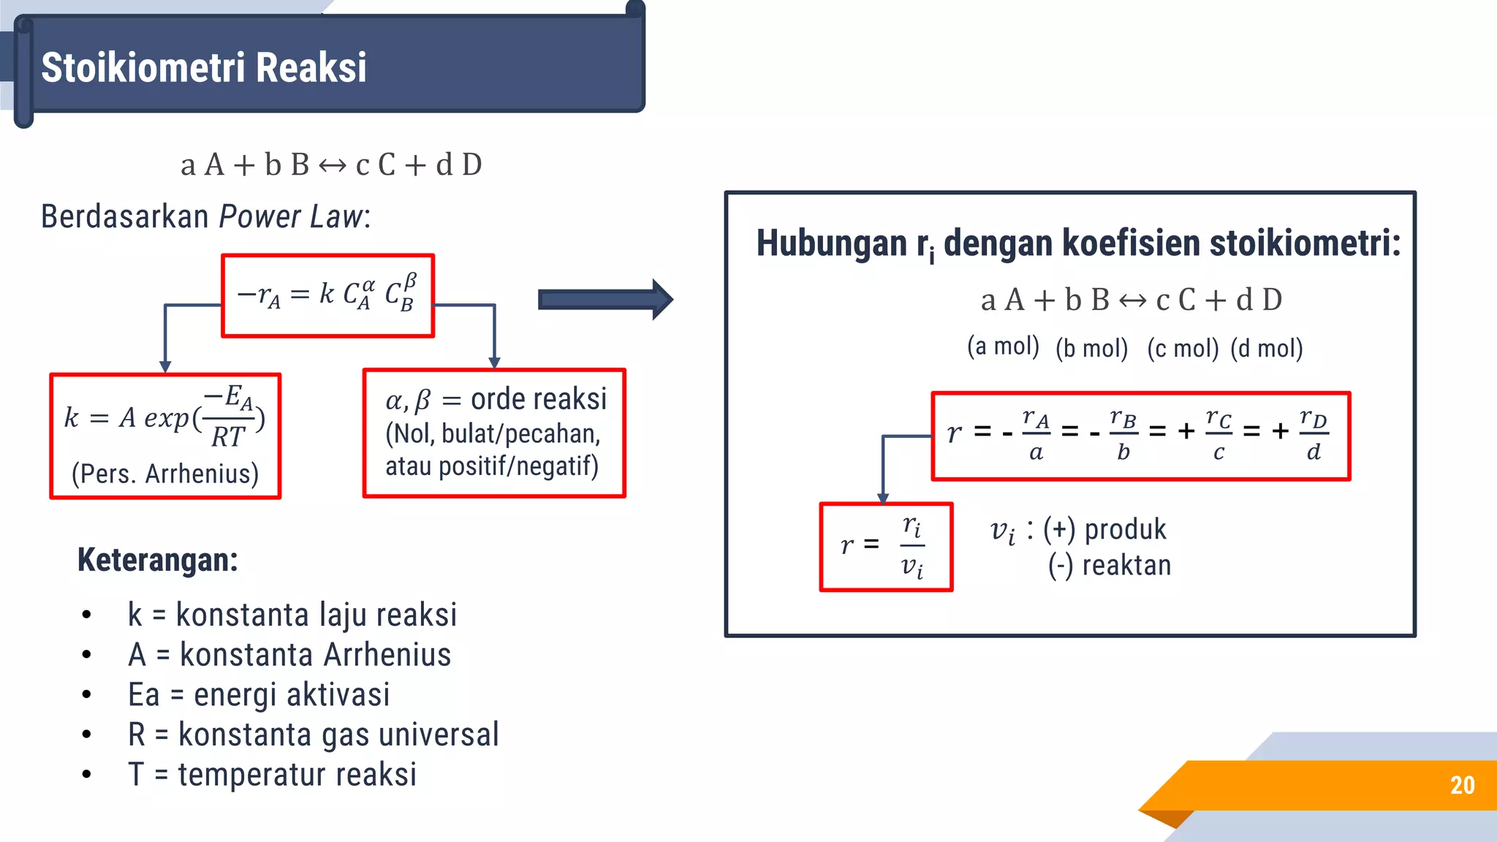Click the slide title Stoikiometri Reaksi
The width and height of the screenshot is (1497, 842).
click(203, 67)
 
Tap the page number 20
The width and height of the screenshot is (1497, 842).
click(1462, 785)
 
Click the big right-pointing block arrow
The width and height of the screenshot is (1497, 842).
click(605, 299)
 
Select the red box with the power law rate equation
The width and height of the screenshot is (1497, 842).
click(328, 295)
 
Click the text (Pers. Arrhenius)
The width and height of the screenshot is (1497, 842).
click(165, 474)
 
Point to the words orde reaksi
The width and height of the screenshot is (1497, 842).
click(539, 399)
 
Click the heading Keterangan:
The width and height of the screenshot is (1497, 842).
click(158, 560)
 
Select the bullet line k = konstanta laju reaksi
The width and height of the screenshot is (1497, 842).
click(292, 615)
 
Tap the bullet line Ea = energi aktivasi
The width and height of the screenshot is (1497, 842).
click(259, 694)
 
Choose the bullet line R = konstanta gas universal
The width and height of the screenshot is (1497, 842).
click(313, 735)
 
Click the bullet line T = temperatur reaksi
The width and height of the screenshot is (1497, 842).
click(272, 775)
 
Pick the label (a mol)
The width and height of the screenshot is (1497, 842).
click(1003, 346)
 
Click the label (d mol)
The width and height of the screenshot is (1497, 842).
click(1267, 348)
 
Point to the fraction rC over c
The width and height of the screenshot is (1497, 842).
click(1219, 436)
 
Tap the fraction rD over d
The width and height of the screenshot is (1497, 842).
click(1314, 436)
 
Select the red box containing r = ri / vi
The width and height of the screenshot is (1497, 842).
click(886, 547)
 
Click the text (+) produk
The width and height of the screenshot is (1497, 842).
click(1104, 529)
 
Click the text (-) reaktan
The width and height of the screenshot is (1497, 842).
click(1110, 566)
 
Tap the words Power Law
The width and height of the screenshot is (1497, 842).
click(291, 216)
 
